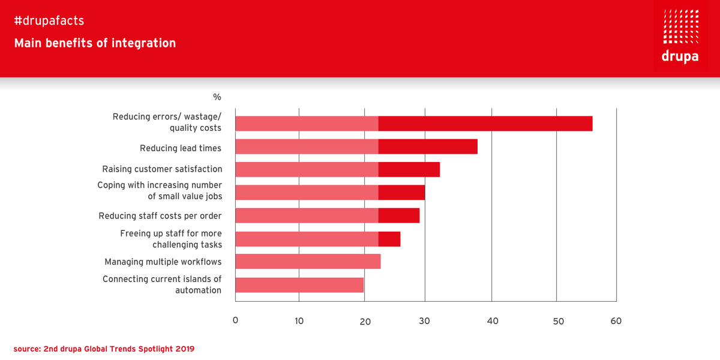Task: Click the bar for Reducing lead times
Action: coord(356,146)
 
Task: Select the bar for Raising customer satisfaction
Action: coord(337,169)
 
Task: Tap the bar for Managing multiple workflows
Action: coord(308,262)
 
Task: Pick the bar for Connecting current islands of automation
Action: coord(299,285)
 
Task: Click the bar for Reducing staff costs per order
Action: coord(327,215)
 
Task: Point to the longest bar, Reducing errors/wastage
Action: coord(413,123)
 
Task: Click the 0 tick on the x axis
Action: coord(235,321)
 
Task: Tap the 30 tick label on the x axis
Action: coord(425,321)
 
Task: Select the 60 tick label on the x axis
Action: coord(616,321)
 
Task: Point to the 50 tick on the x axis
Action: coord(558,321)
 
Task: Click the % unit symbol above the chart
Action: coord(217,97)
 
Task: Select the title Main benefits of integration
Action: coord(95,43)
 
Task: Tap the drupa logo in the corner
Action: coord(680,36)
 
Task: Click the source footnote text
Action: coord(104,348)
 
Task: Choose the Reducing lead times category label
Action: coord(181,148)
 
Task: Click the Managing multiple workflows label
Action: coord(163,262)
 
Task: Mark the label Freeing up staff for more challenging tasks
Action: coord(171,239)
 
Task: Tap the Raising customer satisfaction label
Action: coord(162,169)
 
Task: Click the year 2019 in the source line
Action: coord(184,348)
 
